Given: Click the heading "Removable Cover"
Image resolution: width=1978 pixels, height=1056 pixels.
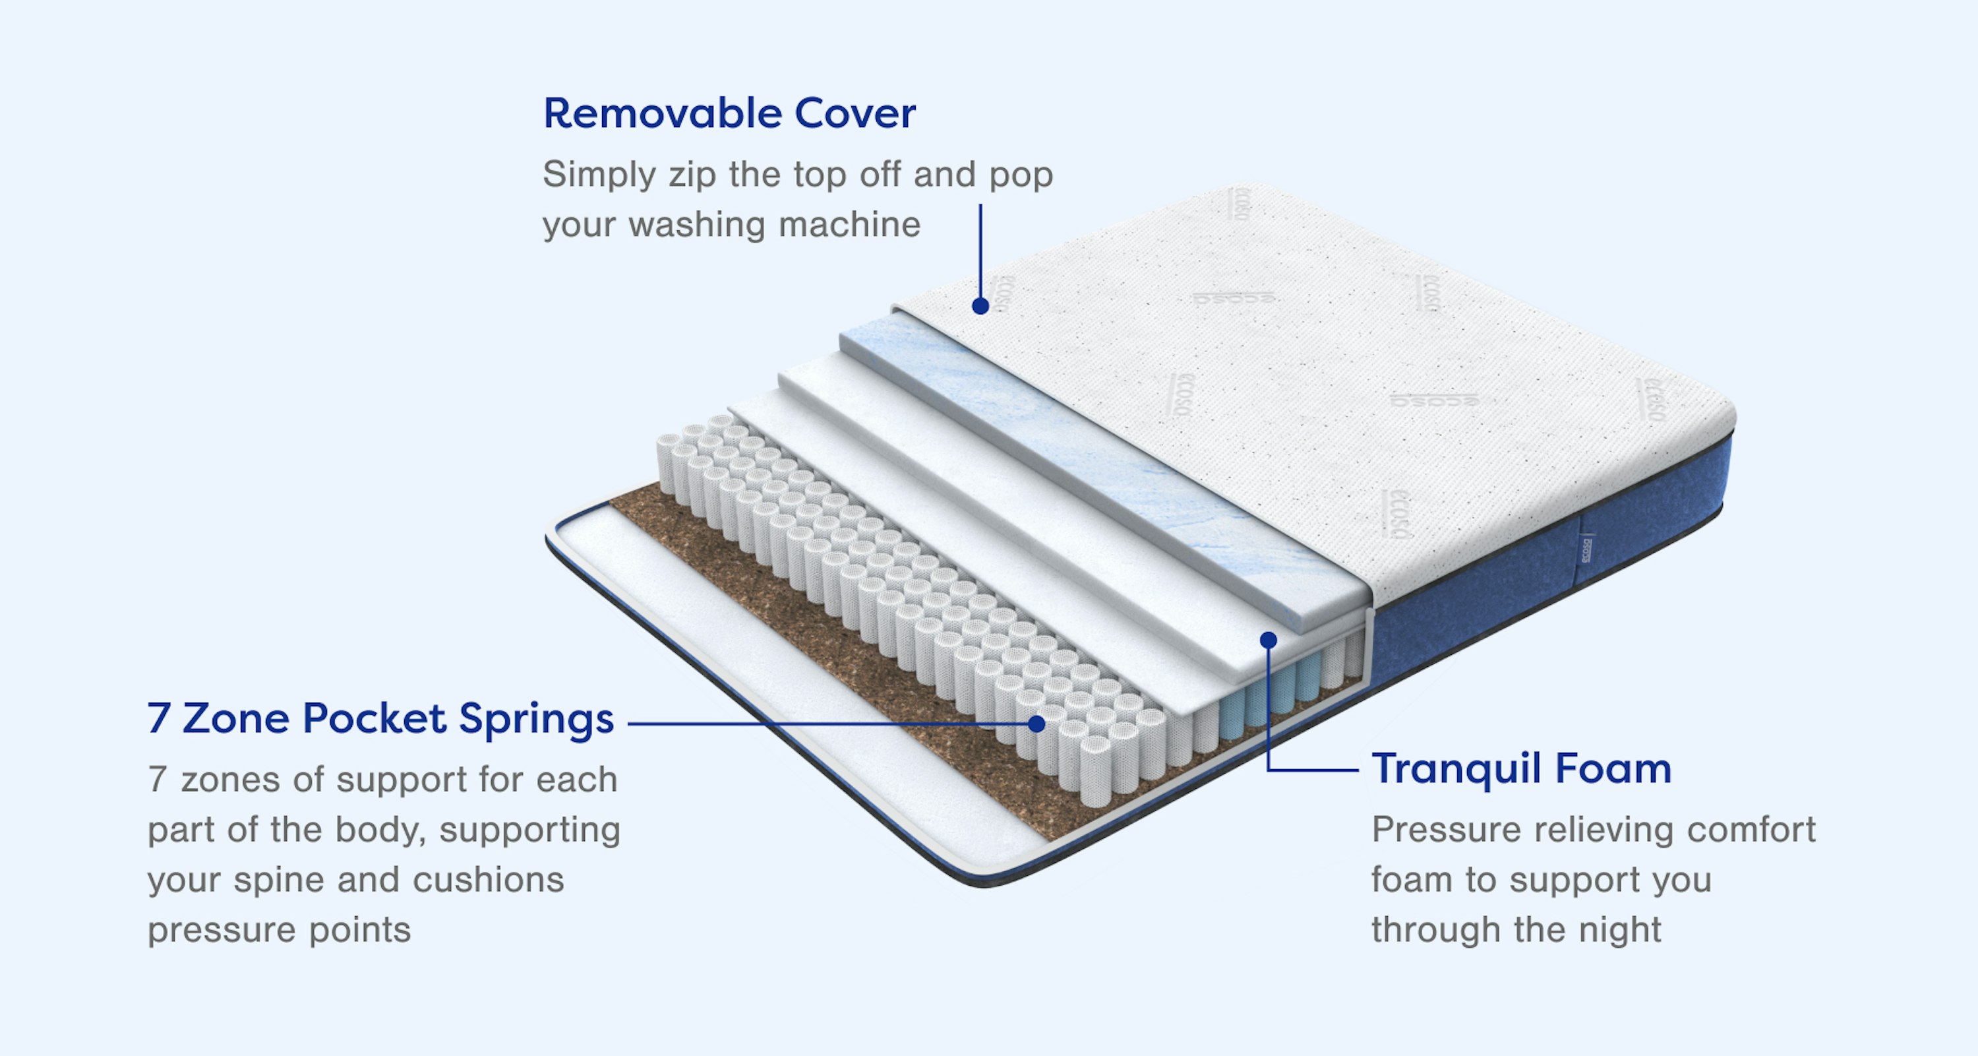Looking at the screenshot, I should point(729,113).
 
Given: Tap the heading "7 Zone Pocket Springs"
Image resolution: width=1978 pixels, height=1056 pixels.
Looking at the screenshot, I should point(380,719).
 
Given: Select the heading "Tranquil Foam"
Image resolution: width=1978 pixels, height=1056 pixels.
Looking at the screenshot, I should point(1521,769).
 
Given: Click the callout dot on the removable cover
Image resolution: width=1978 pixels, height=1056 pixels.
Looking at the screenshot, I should point(980,305).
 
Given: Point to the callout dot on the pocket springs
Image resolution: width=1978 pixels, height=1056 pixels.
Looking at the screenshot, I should point(1036,724).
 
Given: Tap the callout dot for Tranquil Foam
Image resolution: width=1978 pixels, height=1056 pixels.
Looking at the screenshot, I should point(1269,640).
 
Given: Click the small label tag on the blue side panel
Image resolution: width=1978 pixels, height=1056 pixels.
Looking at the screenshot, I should point(1586,547).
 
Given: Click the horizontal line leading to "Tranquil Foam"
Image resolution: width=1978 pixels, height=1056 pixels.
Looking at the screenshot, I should point(1313,770).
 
